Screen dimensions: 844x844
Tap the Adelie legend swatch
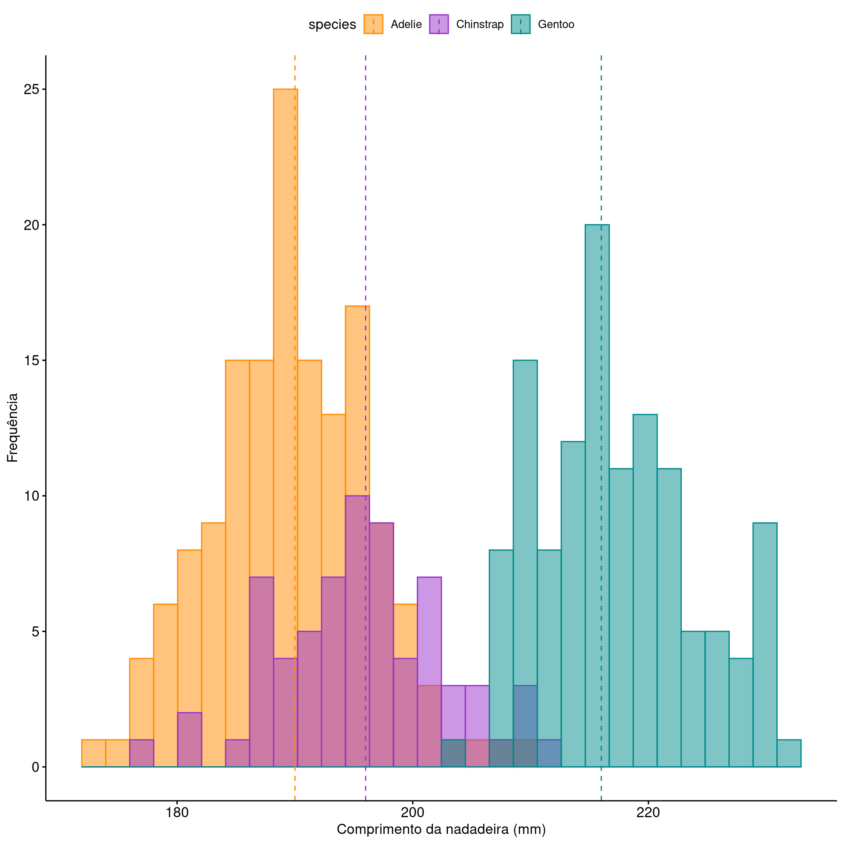click(373, 24)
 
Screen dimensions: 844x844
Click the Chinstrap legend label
click(480, 24)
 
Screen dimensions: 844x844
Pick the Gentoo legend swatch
click(520, 24)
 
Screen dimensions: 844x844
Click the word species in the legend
click(332, 25)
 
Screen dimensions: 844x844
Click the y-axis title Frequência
click(12, 427)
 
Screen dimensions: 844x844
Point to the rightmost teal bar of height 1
click(789, 753)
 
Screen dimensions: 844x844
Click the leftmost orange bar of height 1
click(94, 753)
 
